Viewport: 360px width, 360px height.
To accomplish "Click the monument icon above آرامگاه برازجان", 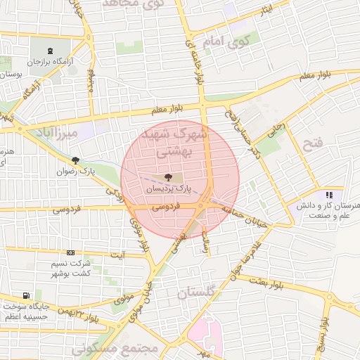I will point(49,51).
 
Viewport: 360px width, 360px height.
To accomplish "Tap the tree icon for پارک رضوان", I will point(75,160).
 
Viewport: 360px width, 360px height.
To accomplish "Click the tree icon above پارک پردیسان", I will point(167,177).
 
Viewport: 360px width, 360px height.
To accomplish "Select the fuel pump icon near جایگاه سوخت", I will point(26,295).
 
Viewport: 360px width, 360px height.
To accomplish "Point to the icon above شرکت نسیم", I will point(70,252).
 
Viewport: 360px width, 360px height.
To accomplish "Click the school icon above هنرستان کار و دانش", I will point(328,195).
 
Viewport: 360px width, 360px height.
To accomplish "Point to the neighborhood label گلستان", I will point(199,292).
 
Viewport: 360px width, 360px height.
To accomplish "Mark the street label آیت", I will point(121,254).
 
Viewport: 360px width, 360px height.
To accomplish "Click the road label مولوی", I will point(124,298).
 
